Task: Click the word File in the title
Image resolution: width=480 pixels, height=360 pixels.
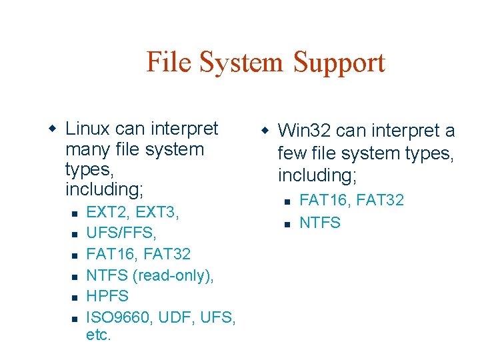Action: [x=165, y=63]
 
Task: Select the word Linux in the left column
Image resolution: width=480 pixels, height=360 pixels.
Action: [x=88, y=127]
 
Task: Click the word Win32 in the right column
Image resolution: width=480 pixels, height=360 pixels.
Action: [x=304, y=131]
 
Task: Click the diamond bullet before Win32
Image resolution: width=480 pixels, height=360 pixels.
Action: [x=264, y=129]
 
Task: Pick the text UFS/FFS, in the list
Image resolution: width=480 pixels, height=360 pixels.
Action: [x=121, y=233]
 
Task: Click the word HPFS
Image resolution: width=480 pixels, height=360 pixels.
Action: [x=107, y=295]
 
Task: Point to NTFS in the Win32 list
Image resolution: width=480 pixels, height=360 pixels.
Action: [x=320, y=222]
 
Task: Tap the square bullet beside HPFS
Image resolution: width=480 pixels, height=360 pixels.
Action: [x=75, y=297]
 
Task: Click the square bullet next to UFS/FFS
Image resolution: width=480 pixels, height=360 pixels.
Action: [x=75, y=235]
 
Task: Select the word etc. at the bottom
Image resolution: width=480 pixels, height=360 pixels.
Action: [x=98, y=335]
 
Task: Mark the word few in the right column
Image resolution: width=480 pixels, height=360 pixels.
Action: [x=291, y=153]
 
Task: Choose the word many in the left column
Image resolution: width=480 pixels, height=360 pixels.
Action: [x=87, y=149]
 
